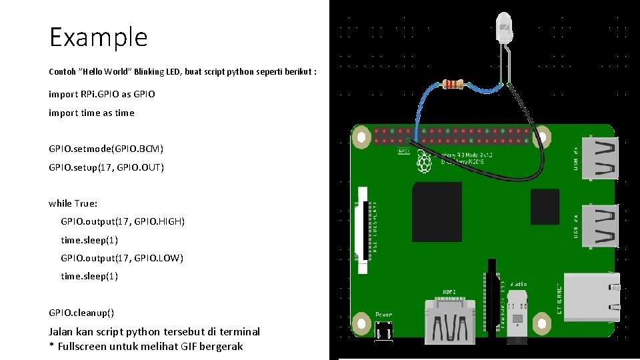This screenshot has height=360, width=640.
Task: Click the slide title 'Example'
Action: (98, 37)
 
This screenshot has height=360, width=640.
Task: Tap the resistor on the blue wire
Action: (453, 84)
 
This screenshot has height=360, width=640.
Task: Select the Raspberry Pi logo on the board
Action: (423, 162)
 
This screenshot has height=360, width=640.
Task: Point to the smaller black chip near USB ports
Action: (544, 206)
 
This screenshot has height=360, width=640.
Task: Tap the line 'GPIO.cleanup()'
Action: (81, 313)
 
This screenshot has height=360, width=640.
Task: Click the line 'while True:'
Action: (73, 203)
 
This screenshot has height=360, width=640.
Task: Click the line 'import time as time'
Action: (91, 113)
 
